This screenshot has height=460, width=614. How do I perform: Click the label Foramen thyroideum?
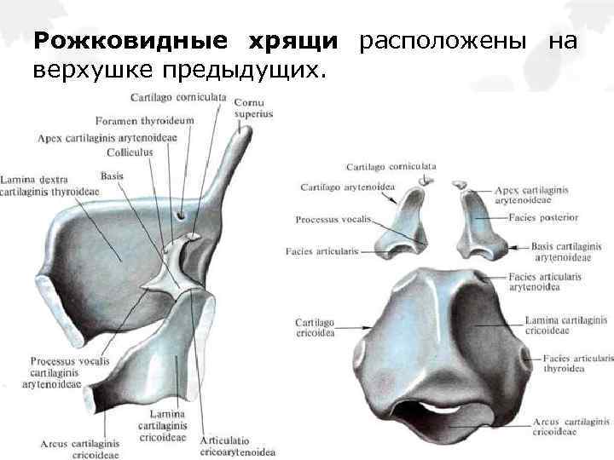(x=145, y=121)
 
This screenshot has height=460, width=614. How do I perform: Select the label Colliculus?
(x=130, y=152)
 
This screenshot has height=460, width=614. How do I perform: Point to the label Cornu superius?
(x=253, y=108)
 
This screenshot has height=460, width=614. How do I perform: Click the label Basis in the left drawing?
(x=112, y=175)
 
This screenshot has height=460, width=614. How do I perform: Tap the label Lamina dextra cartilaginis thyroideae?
(x=49, y=186)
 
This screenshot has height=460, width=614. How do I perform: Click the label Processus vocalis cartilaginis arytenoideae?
(x=69, y=372)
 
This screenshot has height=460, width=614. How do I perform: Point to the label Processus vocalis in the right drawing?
(x=333, y=220)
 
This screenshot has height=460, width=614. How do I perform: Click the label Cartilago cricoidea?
(x=315, y=328)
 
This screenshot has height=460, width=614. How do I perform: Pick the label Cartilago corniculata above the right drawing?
(x=391, y=166)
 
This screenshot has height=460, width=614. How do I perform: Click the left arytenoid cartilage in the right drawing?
(x=405, y=226)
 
